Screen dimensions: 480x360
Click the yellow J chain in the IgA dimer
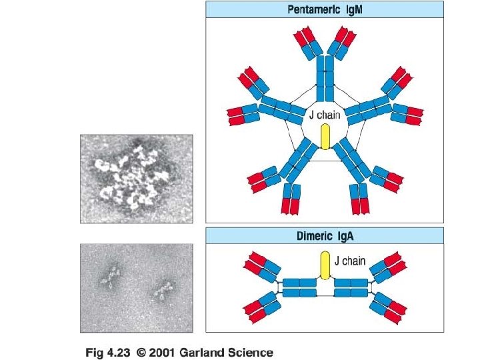coord(325,264)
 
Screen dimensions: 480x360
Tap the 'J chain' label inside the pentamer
coord(324,115)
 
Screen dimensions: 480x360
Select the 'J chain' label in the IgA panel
coord(349,261)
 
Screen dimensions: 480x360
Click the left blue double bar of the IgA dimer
coord(300,288)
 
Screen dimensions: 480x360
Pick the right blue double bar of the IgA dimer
coord(351,288)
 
